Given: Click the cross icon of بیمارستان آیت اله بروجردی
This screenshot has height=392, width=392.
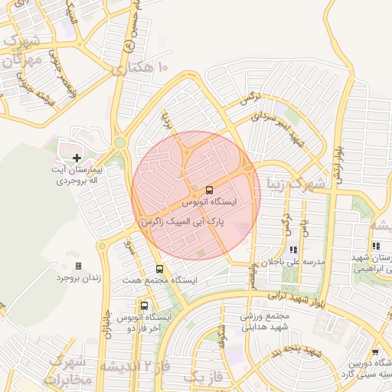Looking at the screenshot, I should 76,158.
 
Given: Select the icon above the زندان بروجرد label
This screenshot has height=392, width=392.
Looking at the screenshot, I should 78,266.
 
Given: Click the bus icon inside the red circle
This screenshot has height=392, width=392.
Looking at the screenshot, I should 209,189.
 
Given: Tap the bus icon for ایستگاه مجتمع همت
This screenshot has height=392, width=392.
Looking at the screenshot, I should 159,269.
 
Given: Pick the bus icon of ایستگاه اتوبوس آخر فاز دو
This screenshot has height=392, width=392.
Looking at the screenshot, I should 144,305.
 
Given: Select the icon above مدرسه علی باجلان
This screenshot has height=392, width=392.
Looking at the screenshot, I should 293,250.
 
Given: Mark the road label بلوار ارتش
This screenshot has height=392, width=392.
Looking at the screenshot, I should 335,161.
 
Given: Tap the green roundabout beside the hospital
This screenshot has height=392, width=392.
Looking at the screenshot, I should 119,142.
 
